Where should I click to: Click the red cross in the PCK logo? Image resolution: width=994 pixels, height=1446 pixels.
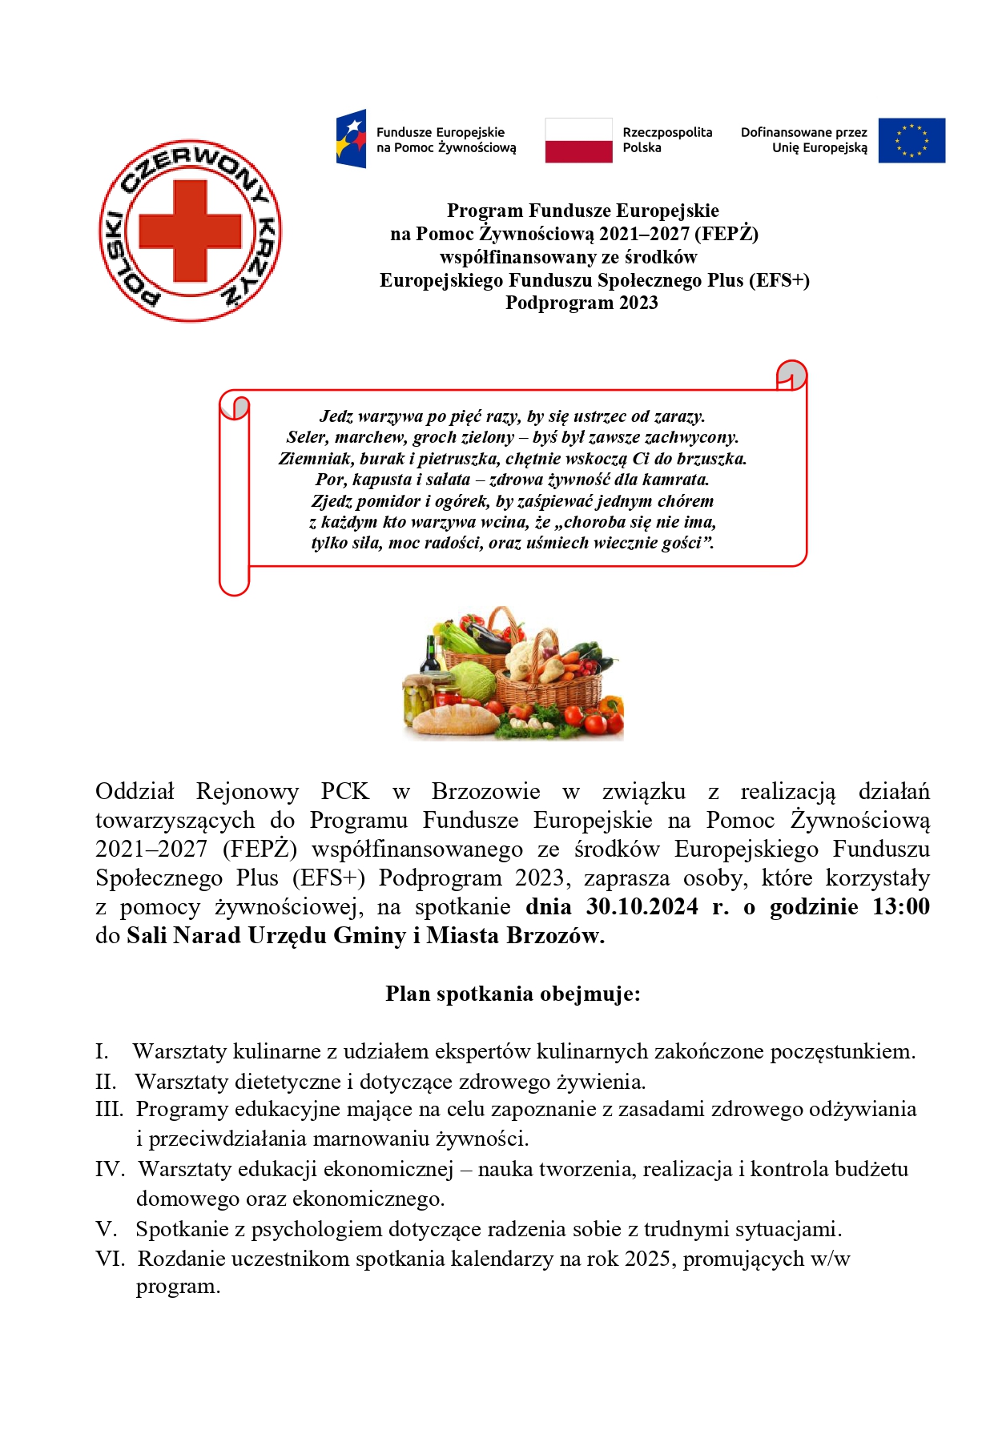[190, 231]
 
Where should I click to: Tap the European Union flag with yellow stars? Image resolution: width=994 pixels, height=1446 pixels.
[911, 141]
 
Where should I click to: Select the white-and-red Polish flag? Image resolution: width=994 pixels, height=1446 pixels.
[578, 141]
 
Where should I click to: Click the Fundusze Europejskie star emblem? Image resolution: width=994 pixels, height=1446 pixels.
[352, 139]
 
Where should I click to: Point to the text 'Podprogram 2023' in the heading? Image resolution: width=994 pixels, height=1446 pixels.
[582, 303]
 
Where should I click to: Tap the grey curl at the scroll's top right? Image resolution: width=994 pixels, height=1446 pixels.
[791, 374]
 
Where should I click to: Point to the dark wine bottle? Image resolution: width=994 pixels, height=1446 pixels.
[432, 657]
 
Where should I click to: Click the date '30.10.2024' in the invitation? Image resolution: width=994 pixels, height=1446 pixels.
[642, 906]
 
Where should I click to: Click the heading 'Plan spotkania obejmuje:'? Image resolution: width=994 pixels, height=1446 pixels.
[513, 994]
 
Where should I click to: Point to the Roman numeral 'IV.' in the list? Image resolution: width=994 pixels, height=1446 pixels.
[110, 1169]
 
